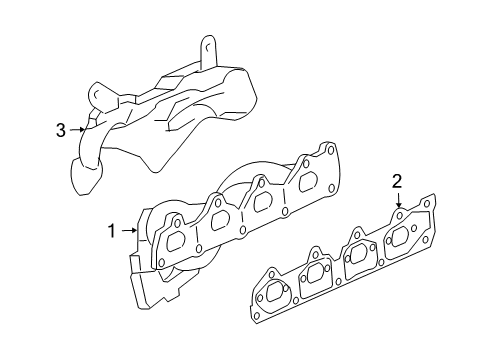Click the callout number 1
click(x=112, y=231)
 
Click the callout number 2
click(x=397, y=181)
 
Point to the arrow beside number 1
click(x=128, y=231)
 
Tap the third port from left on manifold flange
click(x=264, y=201)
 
